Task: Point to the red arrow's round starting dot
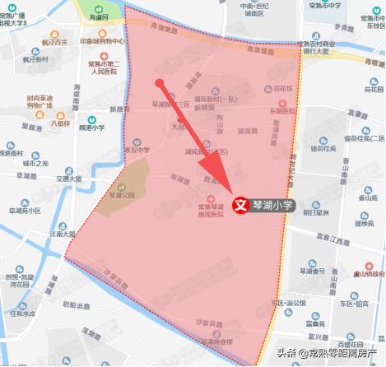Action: pyautogui.click(x=160, y=82)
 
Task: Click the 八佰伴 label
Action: pyautogui.click(x=60, y=124)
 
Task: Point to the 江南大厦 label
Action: pyautogui.click(x=60, y=235)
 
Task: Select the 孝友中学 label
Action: pyautogui.click(x=138, y=150)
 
